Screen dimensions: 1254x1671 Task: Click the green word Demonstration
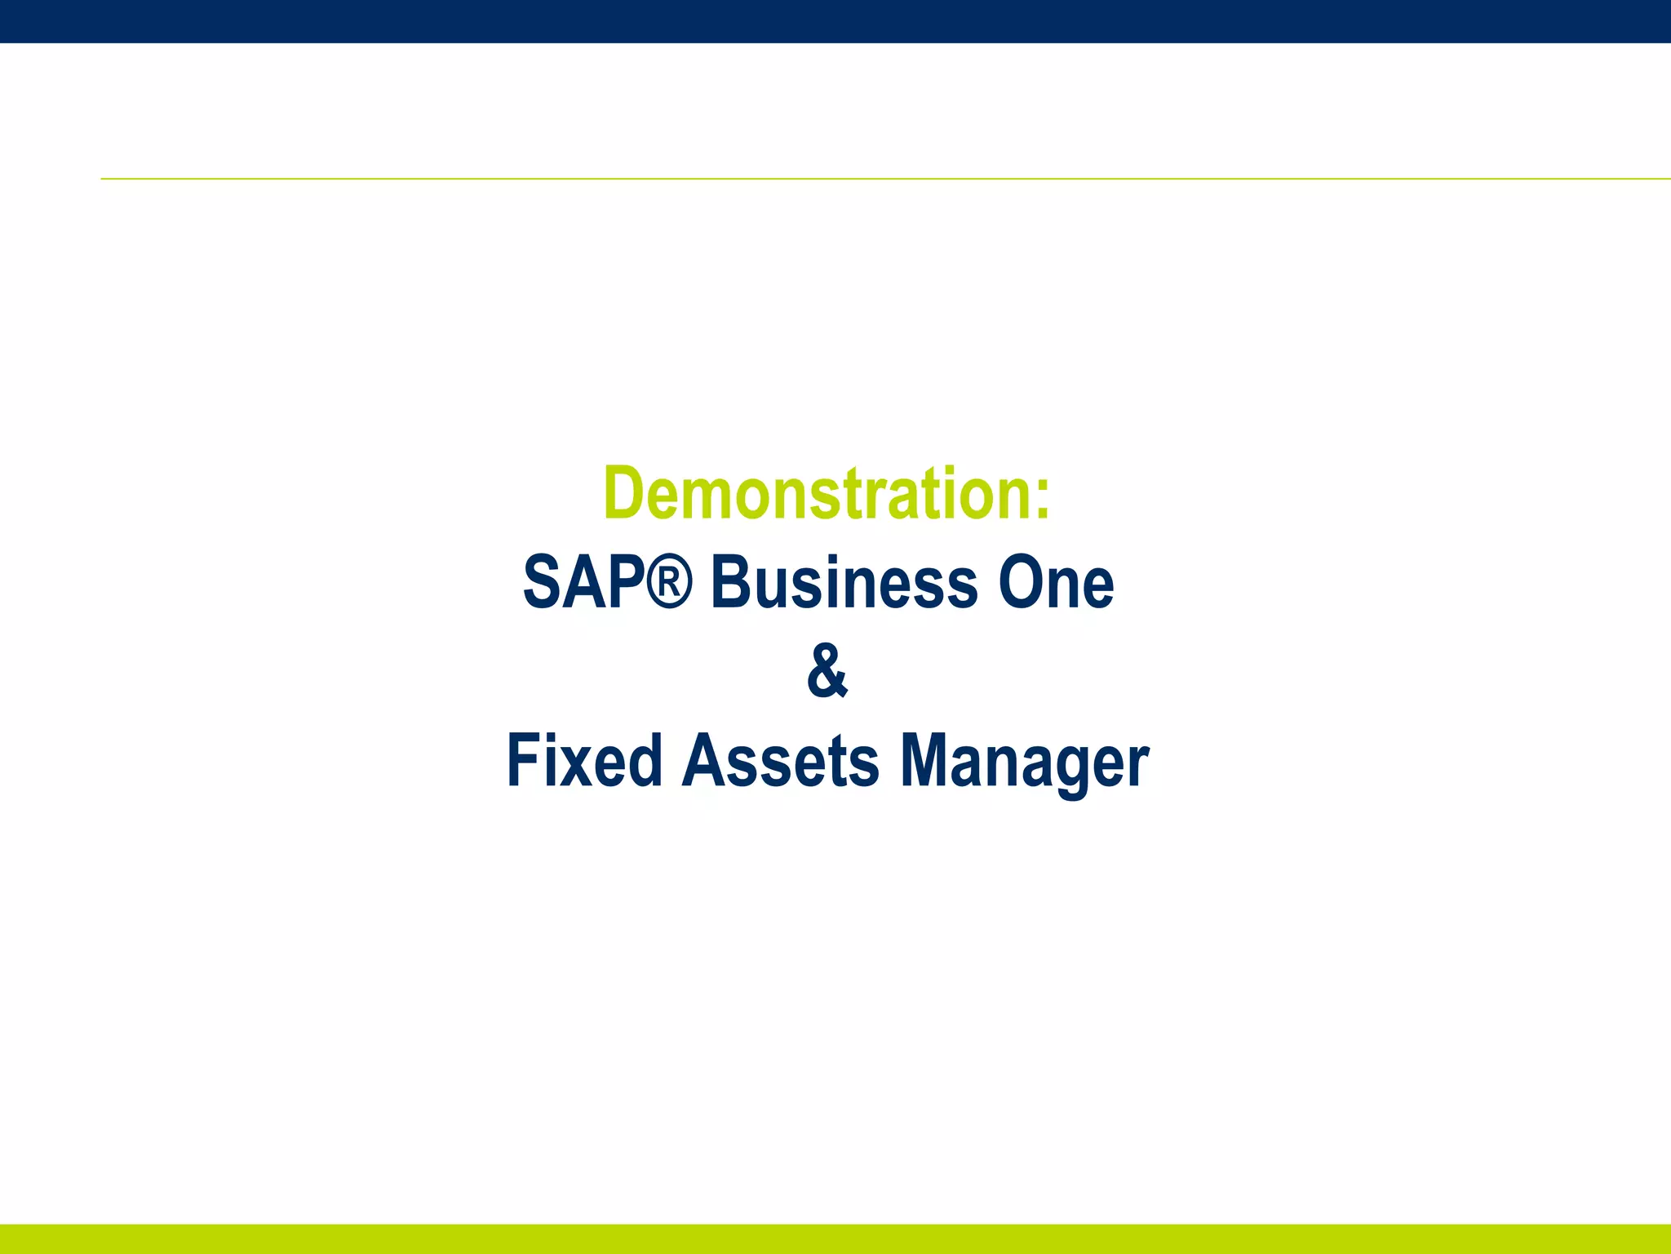(817, 494)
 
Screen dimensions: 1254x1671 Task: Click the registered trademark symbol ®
(671, 581)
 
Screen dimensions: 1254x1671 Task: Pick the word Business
(844, 583)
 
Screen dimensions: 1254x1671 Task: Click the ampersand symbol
(827, 671)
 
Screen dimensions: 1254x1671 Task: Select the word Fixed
(584, 761)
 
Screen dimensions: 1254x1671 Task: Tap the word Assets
(781, 761)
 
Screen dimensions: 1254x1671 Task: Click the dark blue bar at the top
(835, 20)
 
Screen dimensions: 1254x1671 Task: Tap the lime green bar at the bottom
(835, 1238)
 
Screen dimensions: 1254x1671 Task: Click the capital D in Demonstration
(625, 494)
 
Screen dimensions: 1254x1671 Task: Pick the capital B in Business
(733, 583)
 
